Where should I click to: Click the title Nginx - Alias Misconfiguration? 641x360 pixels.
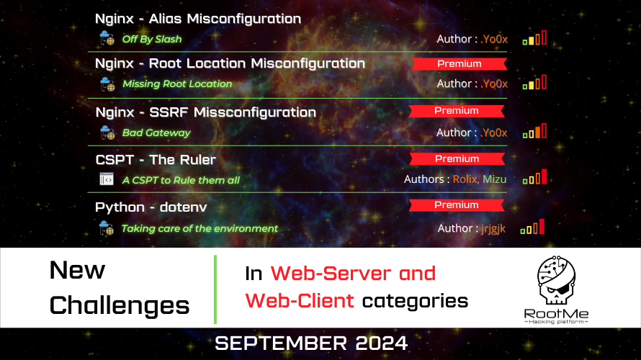pyautogui.click(x=198, y=19)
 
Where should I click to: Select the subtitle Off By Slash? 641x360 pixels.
pyautogui.click(x=152, y=39)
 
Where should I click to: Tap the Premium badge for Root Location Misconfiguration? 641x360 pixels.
pyautogui.click(x=460, y=64)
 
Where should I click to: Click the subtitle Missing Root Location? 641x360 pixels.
pyautogui.click(x=177, y=84)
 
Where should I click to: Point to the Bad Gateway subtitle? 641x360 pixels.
pyautogui.click(x=156, y=132)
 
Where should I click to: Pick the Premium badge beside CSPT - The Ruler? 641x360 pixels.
pyautogui.click(x=457, y=159)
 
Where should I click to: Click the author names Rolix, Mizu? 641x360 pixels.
pyautogui.click(x=480, y=179)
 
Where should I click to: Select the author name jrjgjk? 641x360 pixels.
pyautogui.click(x=493, y=228)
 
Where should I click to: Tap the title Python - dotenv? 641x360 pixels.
pyautogui.click(x=151, y=207)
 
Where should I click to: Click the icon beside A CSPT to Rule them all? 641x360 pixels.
pyautogui.click(x=107, y=179)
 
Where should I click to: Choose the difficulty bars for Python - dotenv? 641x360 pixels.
pyautogui.click(x=532, y=226)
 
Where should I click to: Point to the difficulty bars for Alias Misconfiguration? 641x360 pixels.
pyautogui.click(x=534, y=37)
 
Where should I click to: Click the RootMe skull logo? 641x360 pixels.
pyautogui.click(x=557, y=280)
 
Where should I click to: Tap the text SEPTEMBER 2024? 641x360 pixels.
pyautogui.click(x=311, y=343)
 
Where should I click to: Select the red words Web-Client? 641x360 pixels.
pyautogui.click(x=299, y=301)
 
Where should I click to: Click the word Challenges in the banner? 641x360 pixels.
pyautogui.click(x=120, y=306)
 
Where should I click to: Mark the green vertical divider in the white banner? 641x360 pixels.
pyautogui.click(x=215, y=289)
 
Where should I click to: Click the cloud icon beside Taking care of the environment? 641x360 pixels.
pyautogui.click(x=107, y=228)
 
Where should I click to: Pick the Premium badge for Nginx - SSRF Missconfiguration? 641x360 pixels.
pyautogui.click(x=457, y=111)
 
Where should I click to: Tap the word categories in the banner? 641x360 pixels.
pyautogui.click(x=415, y=302)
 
